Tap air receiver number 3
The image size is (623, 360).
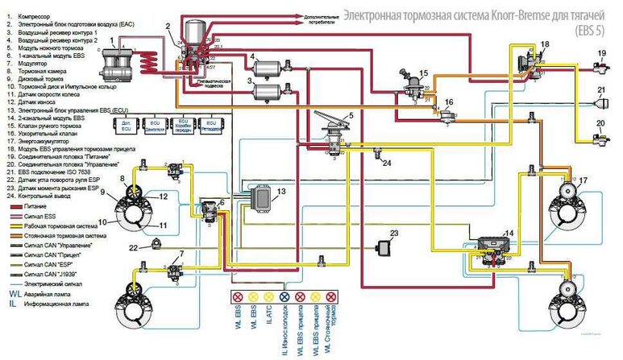pos(268,90)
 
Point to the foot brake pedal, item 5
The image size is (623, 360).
pos(330,125)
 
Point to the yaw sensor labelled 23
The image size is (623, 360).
pos(383,243)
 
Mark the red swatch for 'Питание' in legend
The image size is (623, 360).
pos(12,206)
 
